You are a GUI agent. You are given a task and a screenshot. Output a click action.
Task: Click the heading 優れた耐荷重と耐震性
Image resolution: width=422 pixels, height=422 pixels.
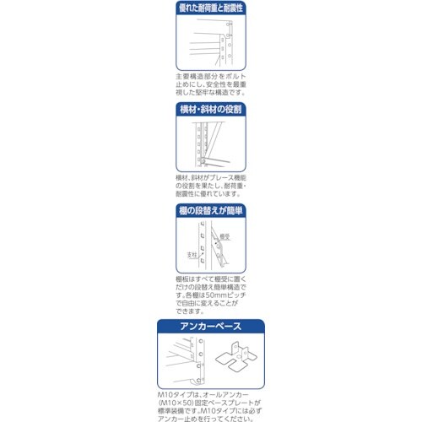[x=211, y=8]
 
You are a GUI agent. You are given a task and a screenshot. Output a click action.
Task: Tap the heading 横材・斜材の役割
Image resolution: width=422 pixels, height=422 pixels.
[x=211, y=110]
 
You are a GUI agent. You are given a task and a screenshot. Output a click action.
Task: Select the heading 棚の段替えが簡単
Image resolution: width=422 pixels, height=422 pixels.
[x=211, y=214]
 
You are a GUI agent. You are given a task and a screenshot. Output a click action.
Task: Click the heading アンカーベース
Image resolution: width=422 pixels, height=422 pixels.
[x=211, y=327]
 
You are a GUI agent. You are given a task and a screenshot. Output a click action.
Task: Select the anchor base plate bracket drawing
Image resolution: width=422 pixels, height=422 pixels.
[x=238, y=361]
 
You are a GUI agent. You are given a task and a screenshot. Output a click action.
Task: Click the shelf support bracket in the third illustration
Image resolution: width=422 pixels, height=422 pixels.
[x=224, y=252]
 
